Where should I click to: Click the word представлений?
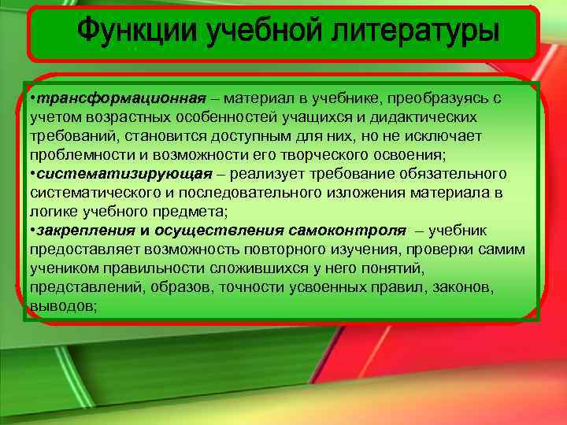point(83,288)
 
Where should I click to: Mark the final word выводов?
point(62,305)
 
